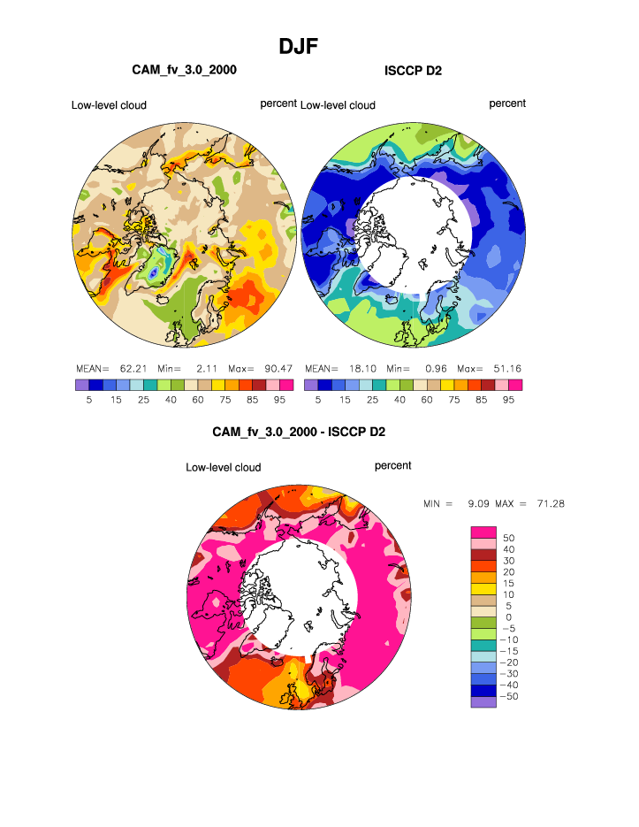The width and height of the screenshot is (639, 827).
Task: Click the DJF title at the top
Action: (x=299, y=46)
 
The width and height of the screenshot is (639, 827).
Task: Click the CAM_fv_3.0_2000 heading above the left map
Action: (x=185, y=69)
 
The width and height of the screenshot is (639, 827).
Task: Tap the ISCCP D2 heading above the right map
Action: (x=414, y=70)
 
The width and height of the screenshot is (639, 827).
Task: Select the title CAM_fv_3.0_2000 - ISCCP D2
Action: (x=299, y=432)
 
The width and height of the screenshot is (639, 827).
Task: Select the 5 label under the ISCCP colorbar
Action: (x=318, y=399)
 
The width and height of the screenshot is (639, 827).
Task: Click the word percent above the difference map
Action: (x=392, y=465)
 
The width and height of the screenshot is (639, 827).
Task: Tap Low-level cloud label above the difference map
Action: (x=223, y=467)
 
